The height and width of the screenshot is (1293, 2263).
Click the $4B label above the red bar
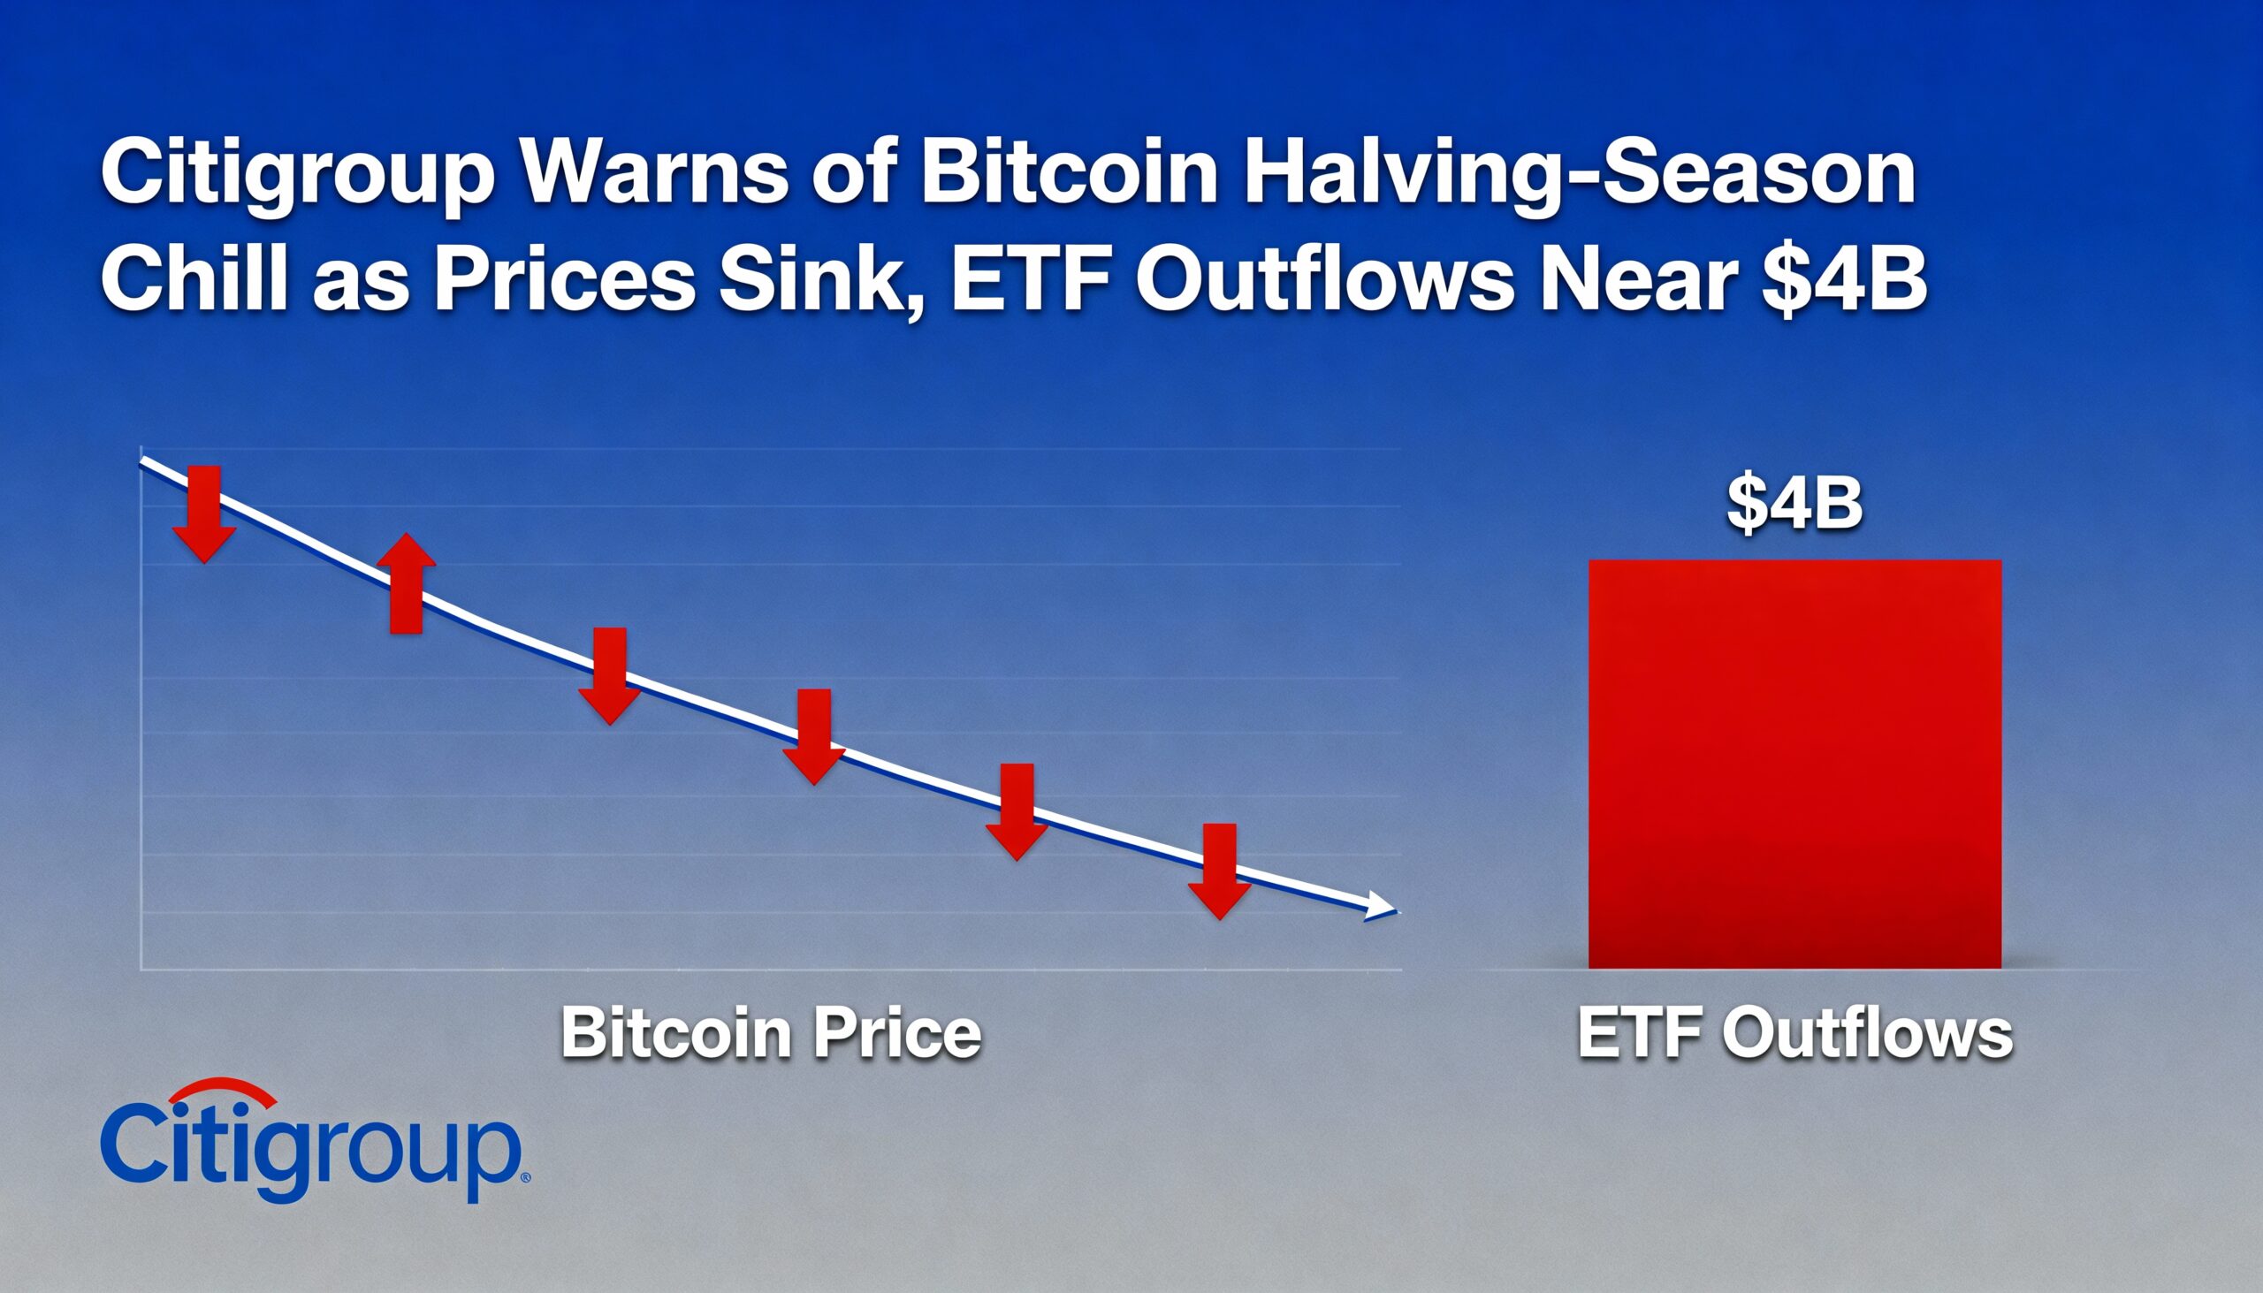tap(1794, 506)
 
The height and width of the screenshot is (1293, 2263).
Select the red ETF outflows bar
tap(1794, 764)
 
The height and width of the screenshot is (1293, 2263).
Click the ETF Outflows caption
tap(1794, 1035)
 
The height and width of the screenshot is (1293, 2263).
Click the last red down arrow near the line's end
tap(1219, 871)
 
